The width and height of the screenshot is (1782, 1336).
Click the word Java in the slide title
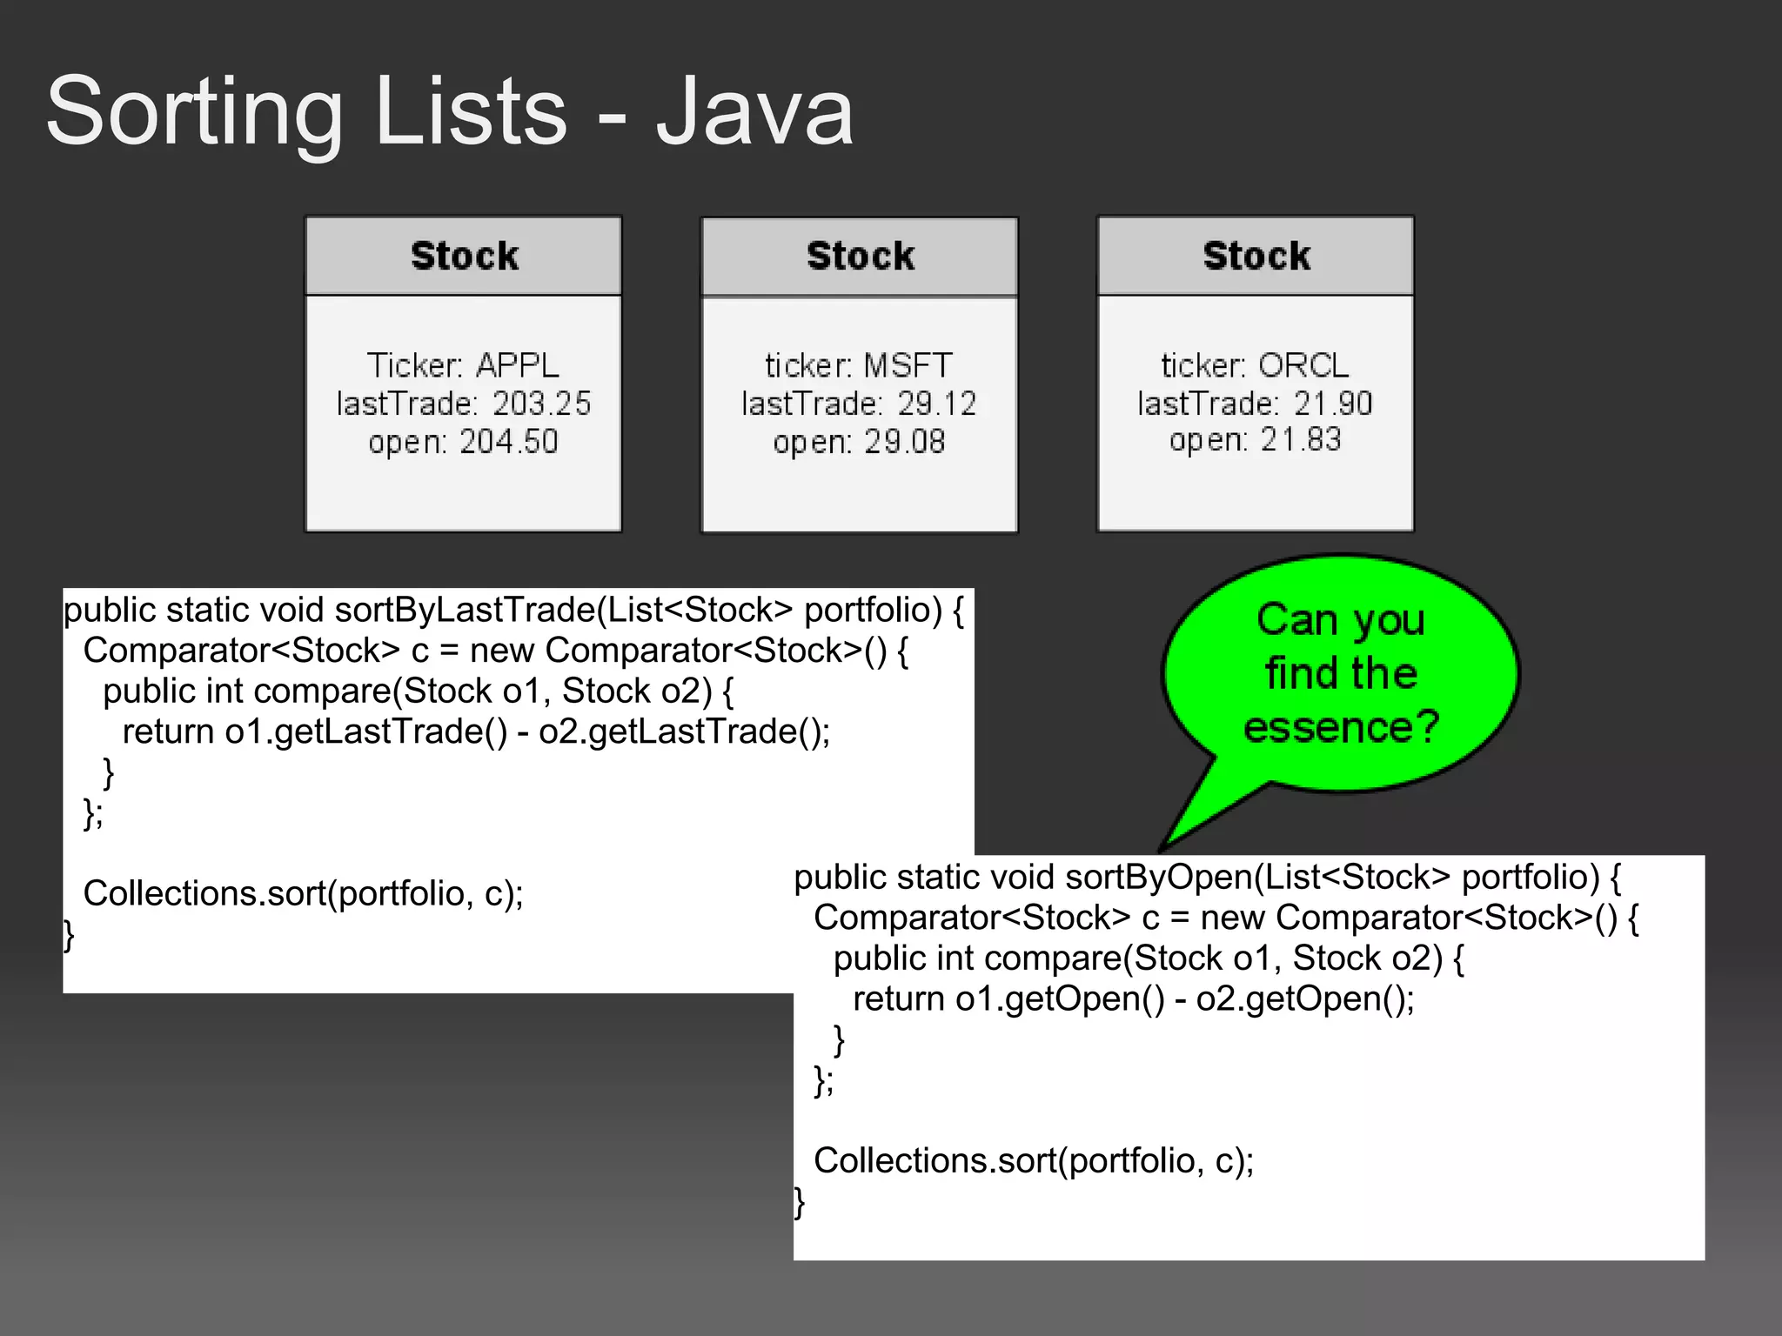coord(754,112)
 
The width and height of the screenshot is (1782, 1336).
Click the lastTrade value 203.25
coord(541,404)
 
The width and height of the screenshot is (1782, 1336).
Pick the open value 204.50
coord(509,442)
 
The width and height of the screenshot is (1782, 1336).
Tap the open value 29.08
coord(904,442)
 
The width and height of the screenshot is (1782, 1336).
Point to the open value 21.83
coord(1301,440)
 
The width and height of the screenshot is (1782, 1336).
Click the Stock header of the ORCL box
coord(1256,256)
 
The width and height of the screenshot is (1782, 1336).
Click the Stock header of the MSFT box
coord(860,256)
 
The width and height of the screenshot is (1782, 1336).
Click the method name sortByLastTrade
coord(465,610)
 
